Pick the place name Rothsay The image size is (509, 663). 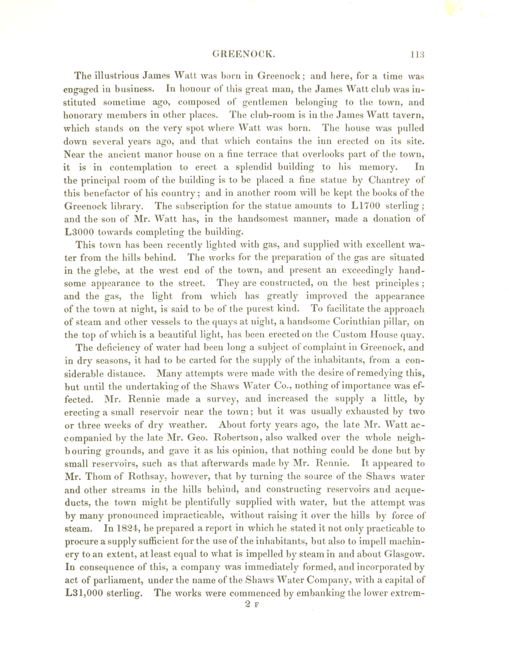click(x=148, y=477)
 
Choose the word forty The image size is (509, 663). click(x=260, y=425)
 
